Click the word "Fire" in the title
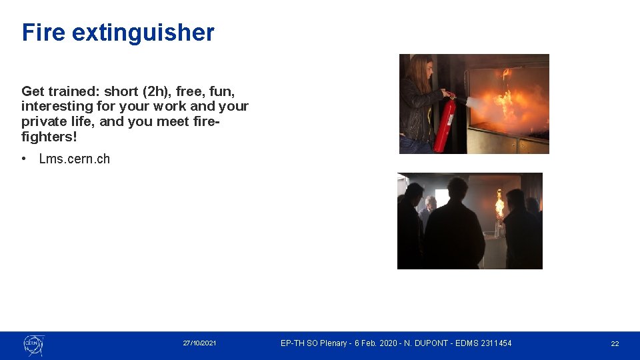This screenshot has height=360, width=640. click(x=44, y=32)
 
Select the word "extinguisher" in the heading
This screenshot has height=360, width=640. click(x=143, y=32)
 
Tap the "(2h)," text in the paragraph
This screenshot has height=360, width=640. click(x=155, y=91)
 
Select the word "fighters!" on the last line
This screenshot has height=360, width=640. click(x=49, y=137)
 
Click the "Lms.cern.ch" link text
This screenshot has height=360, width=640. click(x=75, y=159)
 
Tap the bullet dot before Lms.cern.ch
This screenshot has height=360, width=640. click(x=24, y=159)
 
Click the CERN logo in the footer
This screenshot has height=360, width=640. click(x=33, y=344)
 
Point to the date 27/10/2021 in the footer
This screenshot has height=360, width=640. click(x=199, y=343)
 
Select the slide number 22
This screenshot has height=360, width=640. click(x=615, y=343)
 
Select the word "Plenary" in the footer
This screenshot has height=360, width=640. click(x=334, y=343)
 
